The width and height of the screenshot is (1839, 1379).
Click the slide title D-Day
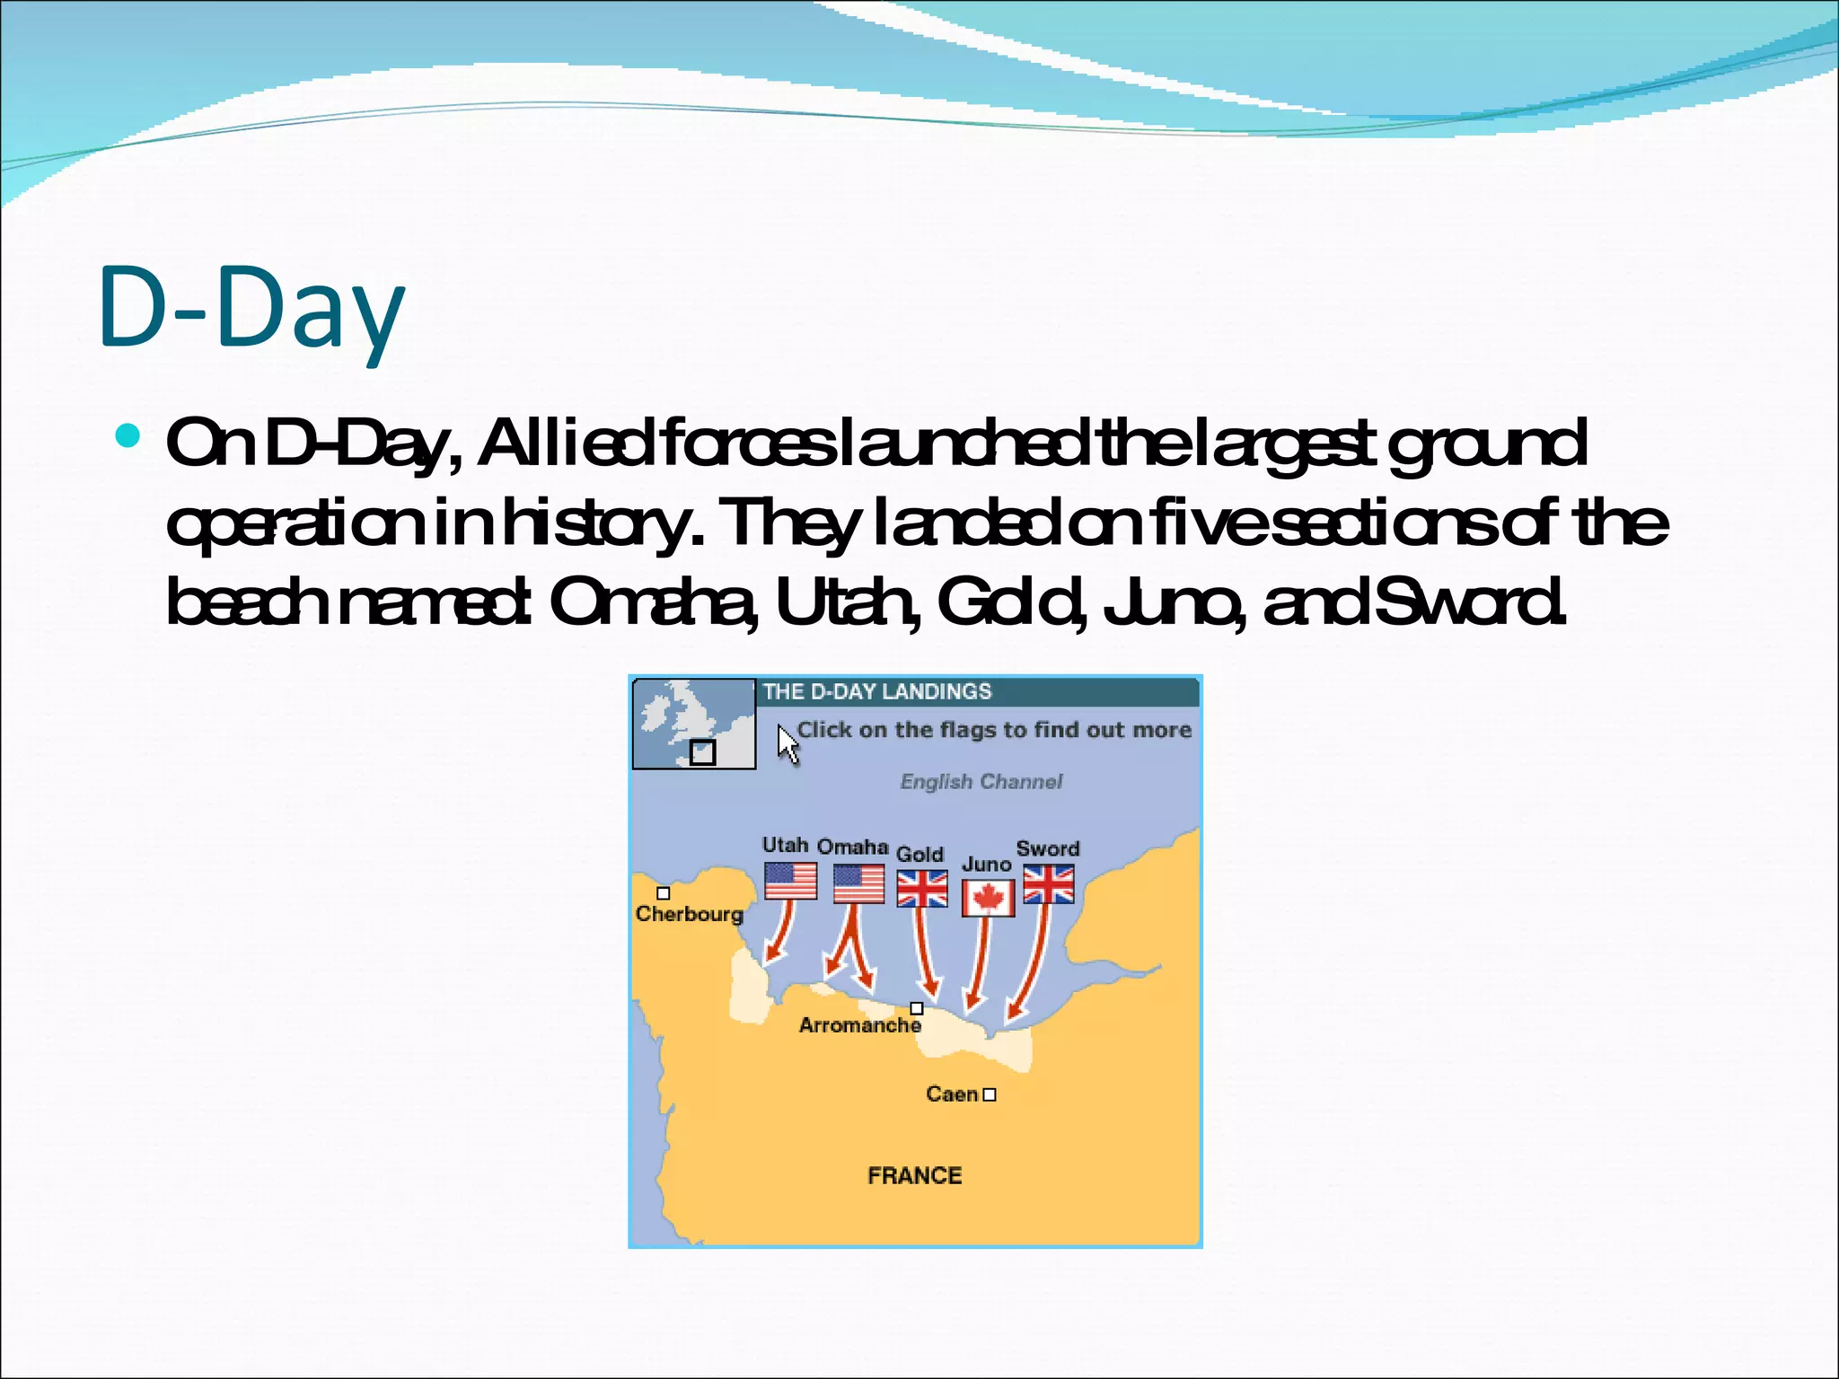click(251, 307)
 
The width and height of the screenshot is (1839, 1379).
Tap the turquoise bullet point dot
click(129, 436)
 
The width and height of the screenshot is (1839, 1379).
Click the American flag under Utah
click(790, 881)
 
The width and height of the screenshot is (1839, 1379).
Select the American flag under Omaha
click(858, 883)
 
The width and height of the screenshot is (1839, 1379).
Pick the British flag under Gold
click(922, 889)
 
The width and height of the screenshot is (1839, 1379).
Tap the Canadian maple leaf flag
click(988, 898)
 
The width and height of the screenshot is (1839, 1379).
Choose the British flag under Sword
click(1048, 884)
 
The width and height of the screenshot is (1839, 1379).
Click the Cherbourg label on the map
click(690, 914)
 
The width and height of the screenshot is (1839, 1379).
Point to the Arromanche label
click(859, 1025)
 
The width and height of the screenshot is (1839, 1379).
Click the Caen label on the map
click(952, 1094)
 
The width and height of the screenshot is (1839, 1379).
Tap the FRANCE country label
click(914, 1175)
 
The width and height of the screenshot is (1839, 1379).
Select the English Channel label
click(981, 781)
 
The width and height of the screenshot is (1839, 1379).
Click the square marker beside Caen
click(990, 1094)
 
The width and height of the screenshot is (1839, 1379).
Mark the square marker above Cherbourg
click(664, 893)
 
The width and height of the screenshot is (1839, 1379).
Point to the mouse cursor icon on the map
click(788, 744)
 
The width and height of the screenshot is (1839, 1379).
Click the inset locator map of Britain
click(693, 724)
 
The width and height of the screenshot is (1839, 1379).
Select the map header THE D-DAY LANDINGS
click(877, 691)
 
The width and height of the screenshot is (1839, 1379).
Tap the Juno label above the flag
click(986, 865)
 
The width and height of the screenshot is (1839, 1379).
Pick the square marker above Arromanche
click(917, 1008)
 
